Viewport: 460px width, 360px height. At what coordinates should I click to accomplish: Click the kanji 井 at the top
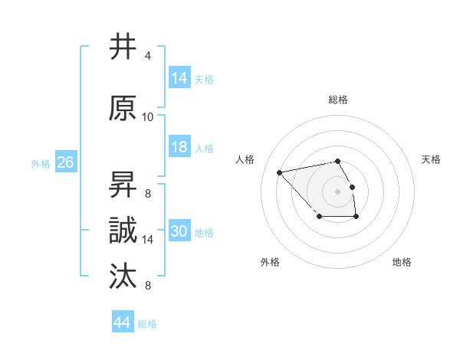click(x=123, y=47)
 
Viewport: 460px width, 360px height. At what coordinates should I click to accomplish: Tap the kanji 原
click(x=123, y=108)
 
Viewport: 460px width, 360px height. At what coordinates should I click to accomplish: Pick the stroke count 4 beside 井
click(x=147, y=56)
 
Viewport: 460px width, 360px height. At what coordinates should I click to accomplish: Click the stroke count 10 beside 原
click(x=148, y=117)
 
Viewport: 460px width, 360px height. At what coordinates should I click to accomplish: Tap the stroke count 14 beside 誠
click(x=148, y=240)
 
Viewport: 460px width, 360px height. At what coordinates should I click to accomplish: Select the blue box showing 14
click(x=179, y=78)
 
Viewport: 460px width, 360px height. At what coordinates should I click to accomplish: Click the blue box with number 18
click(x=179, y=147)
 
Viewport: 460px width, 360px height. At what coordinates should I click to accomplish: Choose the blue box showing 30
click(x=179, y=231)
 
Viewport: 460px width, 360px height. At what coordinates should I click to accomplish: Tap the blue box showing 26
click(x=65, y=162)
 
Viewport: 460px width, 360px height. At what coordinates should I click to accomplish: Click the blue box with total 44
click(x=122, y=322)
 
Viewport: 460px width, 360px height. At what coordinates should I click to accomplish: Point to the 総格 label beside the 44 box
click(x=147, y=324)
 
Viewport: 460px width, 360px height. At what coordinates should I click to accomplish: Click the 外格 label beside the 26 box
click(x=41, y=164)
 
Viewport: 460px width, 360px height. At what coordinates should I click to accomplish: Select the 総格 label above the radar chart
click(x=338, y=100)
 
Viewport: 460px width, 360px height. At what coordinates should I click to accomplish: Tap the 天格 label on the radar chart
click(x=431, y=159)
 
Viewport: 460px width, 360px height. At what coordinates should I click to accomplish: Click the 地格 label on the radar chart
click(x=402, y=262)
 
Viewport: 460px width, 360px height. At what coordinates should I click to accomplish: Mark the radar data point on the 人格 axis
click(x=280, y=172)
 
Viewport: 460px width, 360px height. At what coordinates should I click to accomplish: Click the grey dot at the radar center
click(x=337, y=191)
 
